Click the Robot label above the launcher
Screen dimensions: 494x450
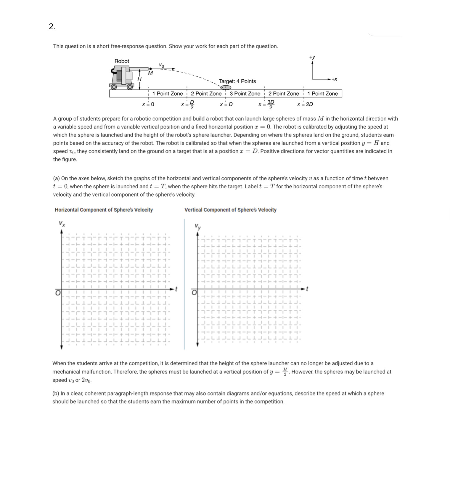pos(122,61)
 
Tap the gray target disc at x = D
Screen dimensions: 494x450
pos(226,87)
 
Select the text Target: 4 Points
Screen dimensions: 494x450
pos(237,81)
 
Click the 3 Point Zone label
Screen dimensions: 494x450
pos(245,94)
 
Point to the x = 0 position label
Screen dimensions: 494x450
pos(148,104)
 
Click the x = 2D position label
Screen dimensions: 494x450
pos(305,104)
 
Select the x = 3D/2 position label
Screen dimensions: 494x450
pos(266,104)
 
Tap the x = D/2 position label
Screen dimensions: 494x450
pos(188,104)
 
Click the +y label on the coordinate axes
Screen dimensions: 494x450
pos(312,57)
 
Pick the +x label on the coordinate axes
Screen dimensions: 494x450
pos(334,79)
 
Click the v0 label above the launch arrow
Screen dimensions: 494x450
pos(161,65)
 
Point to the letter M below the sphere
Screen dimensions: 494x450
pos(150,73)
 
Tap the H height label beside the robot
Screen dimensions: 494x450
pos(139,79)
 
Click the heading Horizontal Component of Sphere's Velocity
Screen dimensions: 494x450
pos(104,210)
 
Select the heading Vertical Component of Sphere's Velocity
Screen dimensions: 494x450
pos(230,210)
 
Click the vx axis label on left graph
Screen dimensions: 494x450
pos(62,224)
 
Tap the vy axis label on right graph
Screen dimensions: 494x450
pos(198,227)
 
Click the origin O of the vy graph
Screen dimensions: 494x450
pos(194,293)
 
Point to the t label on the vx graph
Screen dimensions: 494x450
pos(176,288)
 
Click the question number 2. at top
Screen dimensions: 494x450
pos(52,27)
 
